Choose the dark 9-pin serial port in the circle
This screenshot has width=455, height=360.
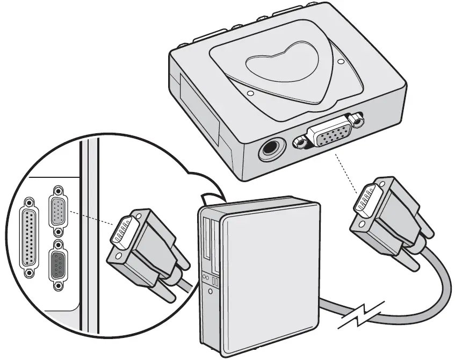click(x=57, y=264)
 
